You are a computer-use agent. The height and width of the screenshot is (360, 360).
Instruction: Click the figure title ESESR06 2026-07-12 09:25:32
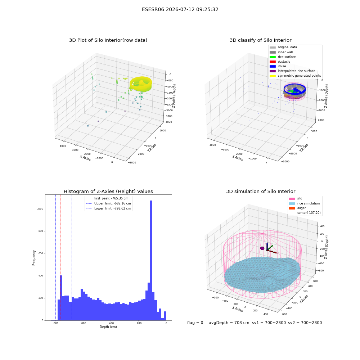pos(180,9)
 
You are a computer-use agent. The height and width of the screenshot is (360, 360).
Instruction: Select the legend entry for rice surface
pos(283,57)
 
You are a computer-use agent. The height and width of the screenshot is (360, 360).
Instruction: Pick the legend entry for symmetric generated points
pos(295,76)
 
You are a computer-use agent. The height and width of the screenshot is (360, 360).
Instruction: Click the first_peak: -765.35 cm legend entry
pos(107,198)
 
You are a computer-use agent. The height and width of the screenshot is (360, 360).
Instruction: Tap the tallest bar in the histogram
pos(151,260)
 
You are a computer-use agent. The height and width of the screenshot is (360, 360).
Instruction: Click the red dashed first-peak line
pos(60,258)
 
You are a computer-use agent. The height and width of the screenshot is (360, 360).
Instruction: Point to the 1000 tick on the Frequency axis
pos(40,209)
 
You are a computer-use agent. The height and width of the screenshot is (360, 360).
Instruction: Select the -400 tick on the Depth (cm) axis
pos(111,323)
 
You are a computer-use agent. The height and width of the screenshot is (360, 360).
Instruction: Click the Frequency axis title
pos(34,258)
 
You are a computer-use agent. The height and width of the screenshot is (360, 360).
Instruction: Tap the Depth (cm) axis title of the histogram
pos(108,327)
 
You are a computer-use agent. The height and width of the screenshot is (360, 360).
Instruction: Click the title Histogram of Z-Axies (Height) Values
pos(108,191)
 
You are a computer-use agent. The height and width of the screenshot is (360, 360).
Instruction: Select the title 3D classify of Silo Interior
pos(261,40)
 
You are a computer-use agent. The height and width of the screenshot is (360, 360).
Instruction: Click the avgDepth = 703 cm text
pos(229,323)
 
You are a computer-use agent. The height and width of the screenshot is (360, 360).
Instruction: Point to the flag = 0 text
pos(195,323)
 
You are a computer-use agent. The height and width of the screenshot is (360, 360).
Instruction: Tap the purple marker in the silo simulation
pos(262,248)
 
